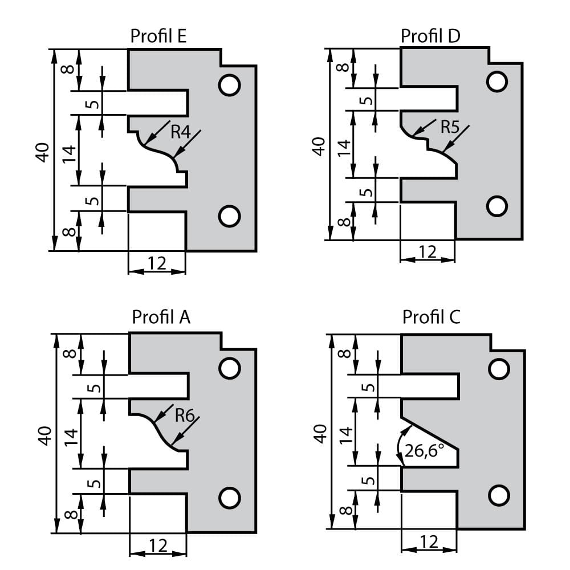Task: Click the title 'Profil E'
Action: pos(158,36)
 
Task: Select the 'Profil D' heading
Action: pos(430,35)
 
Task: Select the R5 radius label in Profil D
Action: pos(450,127)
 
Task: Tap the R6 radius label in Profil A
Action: pos(185,415)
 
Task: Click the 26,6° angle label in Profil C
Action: pos(425,451)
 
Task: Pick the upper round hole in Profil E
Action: pos(229,85)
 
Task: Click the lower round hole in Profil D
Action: pos(497,206)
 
